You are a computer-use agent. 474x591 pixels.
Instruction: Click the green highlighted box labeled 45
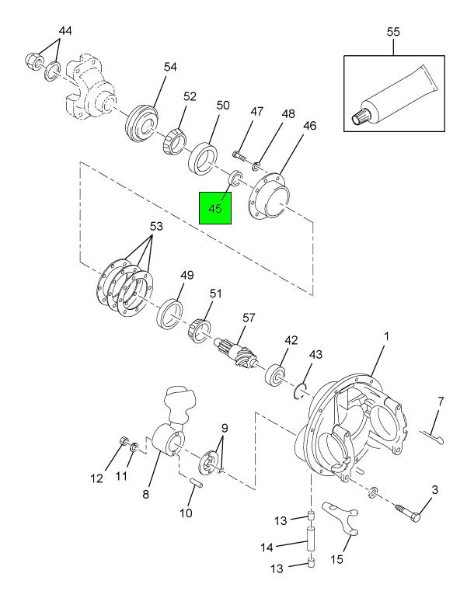(x=215, y=208)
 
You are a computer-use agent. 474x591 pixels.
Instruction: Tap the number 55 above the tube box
(x=393, y=32)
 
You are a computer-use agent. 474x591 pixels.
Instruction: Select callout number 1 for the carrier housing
(x=386, y=335)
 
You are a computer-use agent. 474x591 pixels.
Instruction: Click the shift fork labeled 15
(x=341, y=519)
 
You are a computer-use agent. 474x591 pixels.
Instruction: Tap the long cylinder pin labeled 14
(x=312, y=541)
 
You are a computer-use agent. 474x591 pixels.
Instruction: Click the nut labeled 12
(x=124, y=440)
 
